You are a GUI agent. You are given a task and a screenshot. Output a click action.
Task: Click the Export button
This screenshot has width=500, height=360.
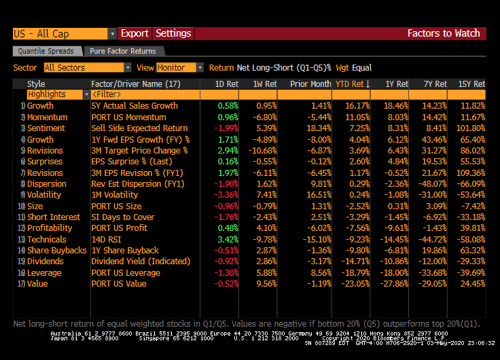pyautogui.click(x=135, y=33)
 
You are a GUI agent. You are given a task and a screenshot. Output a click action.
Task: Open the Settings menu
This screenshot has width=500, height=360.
pyautogui.click(x=173, y=33)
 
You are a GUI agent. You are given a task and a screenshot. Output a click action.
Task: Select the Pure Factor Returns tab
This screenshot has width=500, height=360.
pyautogui.click(x=123, y=51)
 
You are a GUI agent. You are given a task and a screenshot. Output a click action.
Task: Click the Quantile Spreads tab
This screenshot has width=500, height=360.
pyautogui.click(x=46, y=51)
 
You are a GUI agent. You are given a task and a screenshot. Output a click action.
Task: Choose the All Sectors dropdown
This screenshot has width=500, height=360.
pyautogui.click(x=87, y=68)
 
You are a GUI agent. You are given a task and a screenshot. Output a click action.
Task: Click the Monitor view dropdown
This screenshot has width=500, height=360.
pyautogui.click(x=179, y=68)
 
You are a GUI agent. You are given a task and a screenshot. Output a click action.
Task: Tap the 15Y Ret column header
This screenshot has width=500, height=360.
pyautogui.click(x=470, y=84)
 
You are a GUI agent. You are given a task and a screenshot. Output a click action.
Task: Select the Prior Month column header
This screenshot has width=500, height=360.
pyautogui.click(x=310, y=84)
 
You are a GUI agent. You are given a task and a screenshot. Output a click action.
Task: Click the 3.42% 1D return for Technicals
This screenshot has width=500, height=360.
pyautogui.click(x=228, y=239)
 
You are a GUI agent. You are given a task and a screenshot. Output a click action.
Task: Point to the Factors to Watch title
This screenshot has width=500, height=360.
pyautogui.click(x=443, y=33)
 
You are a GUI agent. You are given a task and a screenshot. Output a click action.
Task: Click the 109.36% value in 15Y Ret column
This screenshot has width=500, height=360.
pyautogui.click(x=470, y=173)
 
